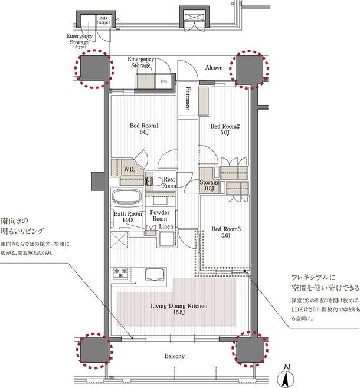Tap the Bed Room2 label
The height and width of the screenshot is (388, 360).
click(225, 129)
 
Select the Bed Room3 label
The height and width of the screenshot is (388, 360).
click(226, 232)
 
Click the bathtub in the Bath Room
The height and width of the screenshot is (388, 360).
click(127, 197)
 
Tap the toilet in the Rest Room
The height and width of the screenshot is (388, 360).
click(152, 182)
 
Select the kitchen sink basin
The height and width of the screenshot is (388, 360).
click(155, 274)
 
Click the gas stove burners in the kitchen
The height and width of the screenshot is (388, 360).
click(120, 273)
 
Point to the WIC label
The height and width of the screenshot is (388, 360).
click(129, 169)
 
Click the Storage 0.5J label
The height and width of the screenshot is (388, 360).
click(210, 185)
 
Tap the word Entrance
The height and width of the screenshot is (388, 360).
click(188, 98)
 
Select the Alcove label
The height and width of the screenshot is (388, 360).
click(214, 68)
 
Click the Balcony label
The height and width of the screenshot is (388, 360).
click(175, 356)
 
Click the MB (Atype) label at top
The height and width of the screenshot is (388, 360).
click(103, 20)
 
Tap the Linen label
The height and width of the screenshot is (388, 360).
click(166, 226)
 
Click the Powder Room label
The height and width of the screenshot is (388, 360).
click(160, 215)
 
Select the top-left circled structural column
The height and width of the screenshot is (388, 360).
click(94, 68)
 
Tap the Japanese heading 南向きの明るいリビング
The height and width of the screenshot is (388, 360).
click(22, 225)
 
